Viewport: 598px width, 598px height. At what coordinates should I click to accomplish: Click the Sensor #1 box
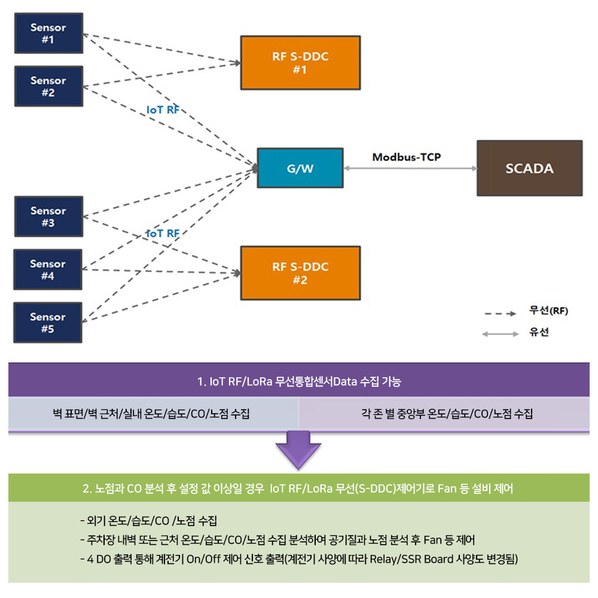48,33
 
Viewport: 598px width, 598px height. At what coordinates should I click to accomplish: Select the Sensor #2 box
48,87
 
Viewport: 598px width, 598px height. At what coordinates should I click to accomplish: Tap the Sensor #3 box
48,216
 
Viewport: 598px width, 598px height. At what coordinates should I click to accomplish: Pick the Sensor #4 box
48,270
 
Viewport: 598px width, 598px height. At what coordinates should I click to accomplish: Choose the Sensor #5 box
48,323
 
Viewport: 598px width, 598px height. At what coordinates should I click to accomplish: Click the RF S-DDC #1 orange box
300,63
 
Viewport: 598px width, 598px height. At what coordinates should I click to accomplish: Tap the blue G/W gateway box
300,169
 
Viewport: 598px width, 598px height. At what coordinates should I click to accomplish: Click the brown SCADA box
529,169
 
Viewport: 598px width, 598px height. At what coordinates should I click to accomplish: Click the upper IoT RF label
163,111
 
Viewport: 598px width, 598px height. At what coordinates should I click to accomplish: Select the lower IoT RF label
163,233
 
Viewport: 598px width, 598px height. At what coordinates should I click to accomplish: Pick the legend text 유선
539,332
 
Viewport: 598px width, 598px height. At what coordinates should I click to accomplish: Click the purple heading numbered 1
298,380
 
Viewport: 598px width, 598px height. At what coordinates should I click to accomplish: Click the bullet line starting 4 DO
298,560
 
